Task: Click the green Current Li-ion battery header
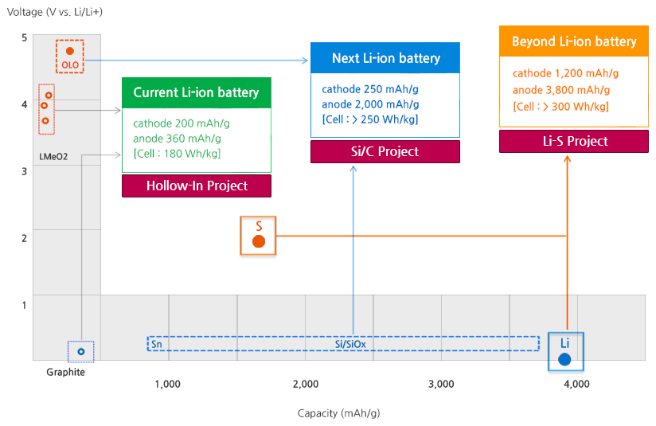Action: (196, 92)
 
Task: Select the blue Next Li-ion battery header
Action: (385, 58)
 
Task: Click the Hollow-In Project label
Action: (197, 186)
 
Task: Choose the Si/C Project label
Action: (385, 151)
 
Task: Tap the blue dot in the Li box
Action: (564, 359)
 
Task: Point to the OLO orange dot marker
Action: (70, 51)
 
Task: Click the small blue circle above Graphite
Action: (81, 351)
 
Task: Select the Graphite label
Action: (65, 372)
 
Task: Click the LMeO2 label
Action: (53, 156)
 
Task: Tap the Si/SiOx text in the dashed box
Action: (350, 344)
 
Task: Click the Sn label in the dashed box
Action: (156, 344)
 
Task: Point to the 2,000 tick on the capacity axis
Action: (305, 384)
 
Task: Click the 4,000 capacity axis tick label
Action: (576, 384)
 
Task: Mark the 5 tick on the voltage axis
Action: (25, 38)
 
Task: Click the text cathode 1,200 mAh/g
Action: (566, 73)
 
